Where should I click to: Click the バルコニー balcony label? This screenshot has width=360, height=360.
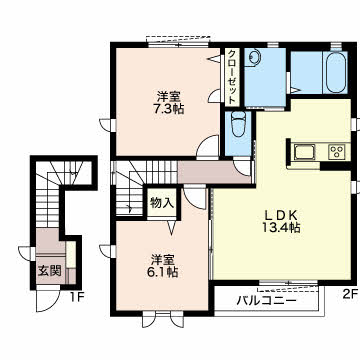click(266, 298)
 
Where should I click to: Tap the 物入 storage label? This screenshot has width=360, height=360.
click(162, 203)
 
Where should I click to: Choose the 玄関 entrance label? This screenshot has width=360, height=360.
click(48, 271)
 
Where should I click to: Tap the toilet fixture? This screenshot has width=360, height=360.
click(237, 127)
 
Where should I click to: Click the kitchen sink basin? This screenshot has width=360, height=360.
click(305, 152)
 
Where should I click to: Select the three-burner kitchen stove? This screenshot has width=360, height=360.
click(336, 152)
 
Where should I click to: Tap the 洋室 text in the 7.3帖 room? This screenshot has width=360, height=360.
click(167, 95)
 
